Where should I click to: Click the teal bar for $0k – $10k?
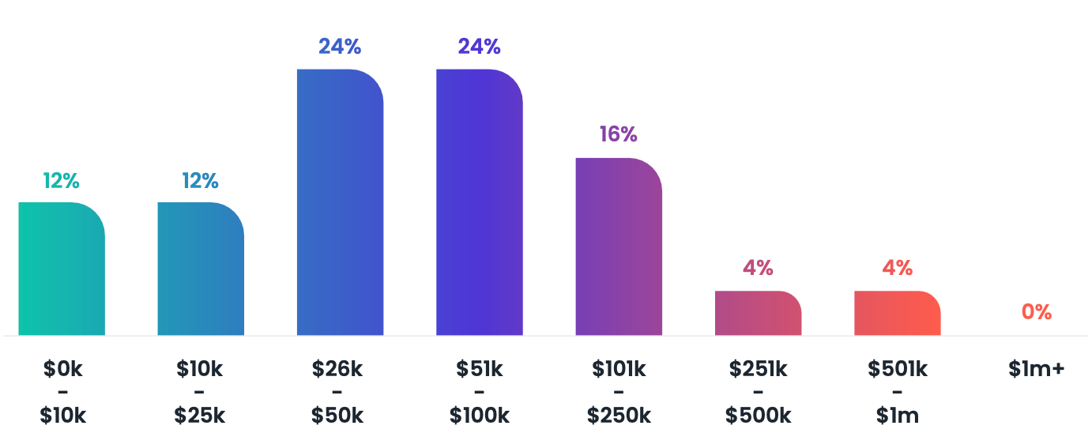pyautogui.click(x=62, y=269)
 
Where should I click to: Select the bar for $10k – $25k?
pyautogui.click(x=201, y=269)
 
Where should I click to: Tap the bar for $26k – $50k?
pyautogui.click(x=340, y=202)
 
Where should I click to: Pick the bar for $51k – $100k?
pyautogui.click(x=479, y=202)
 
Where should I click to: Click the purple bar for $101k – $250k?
pyautogui.click(x=618, y=247)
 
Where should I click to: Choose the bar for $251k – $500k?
pyautogui.click(x=758, y=313)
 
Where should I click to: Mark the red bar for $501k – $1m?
pyautogui.click(x=897, y=313)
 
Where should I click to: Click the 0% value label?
pyautogui.click(x=1036, y=312)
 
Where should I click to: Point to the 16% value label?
pyautogui.click(x=618, y=134)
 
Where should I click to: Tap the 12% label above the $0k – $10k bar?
pyautogui.click(x=62, y=181)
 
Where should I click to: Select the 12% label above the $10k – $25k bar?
pyautogui.click(x=201, y=181)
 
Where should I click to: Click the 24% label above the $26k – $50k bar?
pyautogui.click(x=340, y=47)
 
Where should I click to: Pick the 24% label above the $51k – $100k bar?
pyautogui.click(x=479, y=47)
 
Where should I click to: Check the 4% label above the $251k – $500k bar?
pyautogui.click(x=758, y=268)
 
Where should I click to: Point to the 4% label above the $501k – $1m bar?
pyautogui.click(x=897, y=268)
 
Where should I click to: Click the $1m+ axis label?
pyautogui.click(x=1036, y=369)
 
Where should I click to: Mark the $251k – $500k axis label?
pyautogui.click(x=758, y=392)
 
